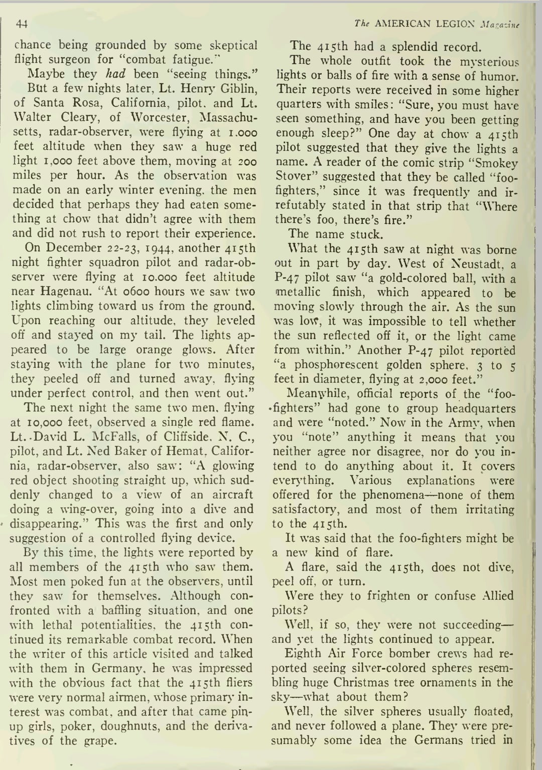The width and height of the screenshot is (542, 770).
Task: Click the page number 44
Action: (x=22, y=24)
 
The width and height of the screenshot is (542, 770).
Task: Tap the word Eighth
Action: (x=303, y=654)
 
